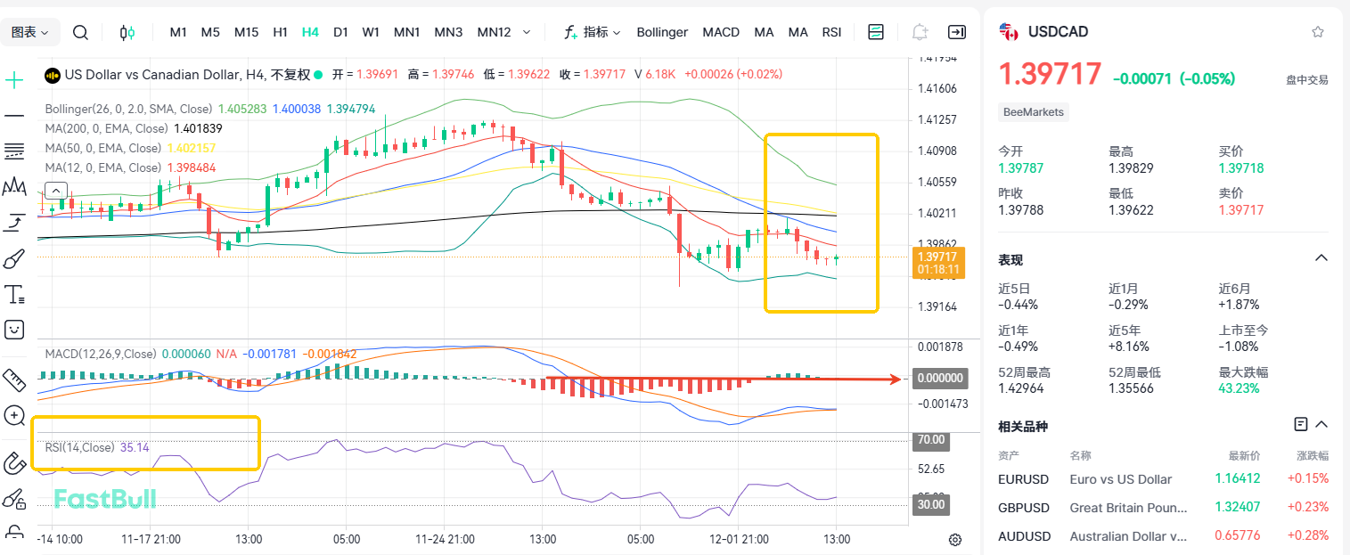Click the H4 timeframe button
(x=310, y=32)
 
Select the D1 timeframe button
(x=340, y=32)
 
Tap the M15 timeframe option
(x=246, y=32)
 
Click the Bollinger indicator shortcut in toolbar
(x=662, y=32)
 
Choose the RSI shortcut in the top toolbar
(x=831, y=32)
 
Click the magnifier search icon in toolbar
(x=80, y=33)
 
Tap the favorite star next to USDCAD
(x=1318, y=32)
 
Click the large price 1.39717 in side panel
(x=1050, y=75)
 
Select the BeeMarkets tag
(x=1034, y=112)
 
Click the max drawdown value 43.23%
(x=1238, y=388)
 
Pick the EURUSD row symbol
(x=1024, y=479)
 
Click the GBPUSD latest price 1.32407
(x=1237, y=508)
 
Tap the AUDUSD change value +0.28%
(x=1307, y=536)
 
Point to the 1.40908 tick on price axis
(x=937, y=151)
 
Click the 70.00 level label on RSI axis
(x=930, y=440)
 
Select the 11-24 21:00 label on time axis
(x=445, y=539)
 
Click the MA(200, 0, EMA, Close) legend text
(x=114, y=128)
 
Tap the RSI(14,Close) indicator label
(x=80, y=447)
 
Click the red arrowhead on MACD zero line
(x=896, y=379)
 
